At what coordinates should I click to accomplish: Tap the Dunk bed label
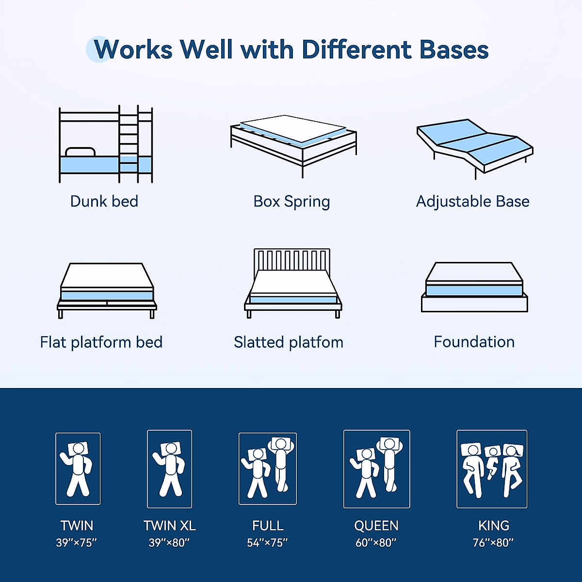point(104,201)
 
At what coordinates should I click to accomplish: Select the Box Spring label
point(291,202)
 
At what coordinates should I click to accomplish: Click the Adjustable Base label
point(472,201)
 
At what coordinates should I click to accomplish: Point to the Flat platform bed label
point(101,342)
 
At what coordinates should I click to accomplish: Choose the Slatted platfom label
point(288,342)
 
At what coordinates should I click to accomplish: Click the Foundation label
point(474,342)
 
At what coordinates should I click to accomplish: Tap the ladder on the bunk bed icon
point(129,143)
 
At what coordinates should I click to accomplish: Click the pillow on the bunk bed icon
point(80,152)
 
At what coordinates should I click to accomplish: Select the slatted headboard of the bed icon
point(291,259)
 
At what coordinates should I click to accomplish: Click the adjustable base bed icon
point(474,145)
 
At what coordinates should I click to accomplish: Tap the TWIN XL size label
point(169,526)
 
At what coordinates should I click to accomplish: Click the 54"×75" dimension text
point(267,543)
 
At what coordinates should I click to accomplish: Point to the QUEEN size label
point(376,526)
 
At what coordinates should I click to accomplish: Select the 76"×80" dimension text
point(493,543)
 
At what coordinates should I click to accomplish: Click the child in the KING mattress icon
point(492,461)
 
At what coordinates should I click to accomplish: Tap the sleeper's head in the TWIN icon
point(79,449)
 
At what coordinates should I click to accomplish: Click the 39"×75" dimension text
point(77,543)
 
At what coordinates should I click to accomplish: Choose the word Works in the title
point(133,49)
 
